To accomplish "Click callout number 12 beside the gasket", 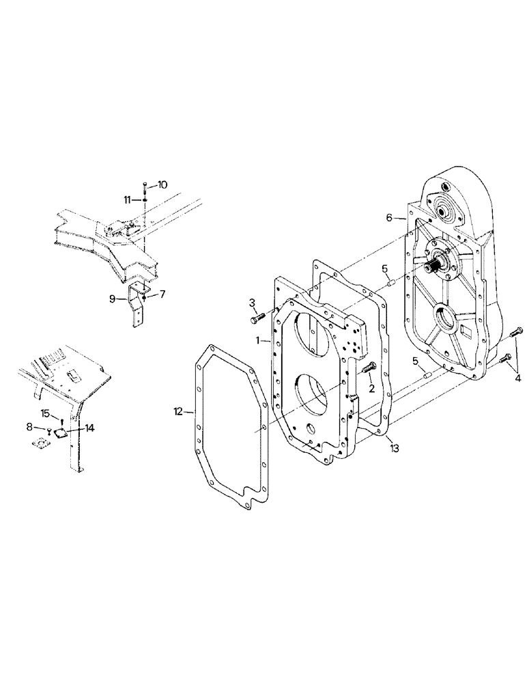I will tap(178, 411).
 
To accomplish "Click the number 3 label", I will tap(252, 302).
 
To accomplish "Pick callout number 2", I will tap(371, 389).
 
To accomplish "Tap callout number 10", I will tap(161, 184).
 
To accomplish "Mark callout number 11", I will tap(128, 199).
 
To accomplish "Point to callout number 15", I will tap(45, 413).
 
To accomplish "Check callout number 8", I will tap(29, 427).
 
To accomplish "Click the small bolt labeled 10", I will tap(145, 186).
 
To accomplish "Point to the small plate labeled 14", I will tap(60, 433).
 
